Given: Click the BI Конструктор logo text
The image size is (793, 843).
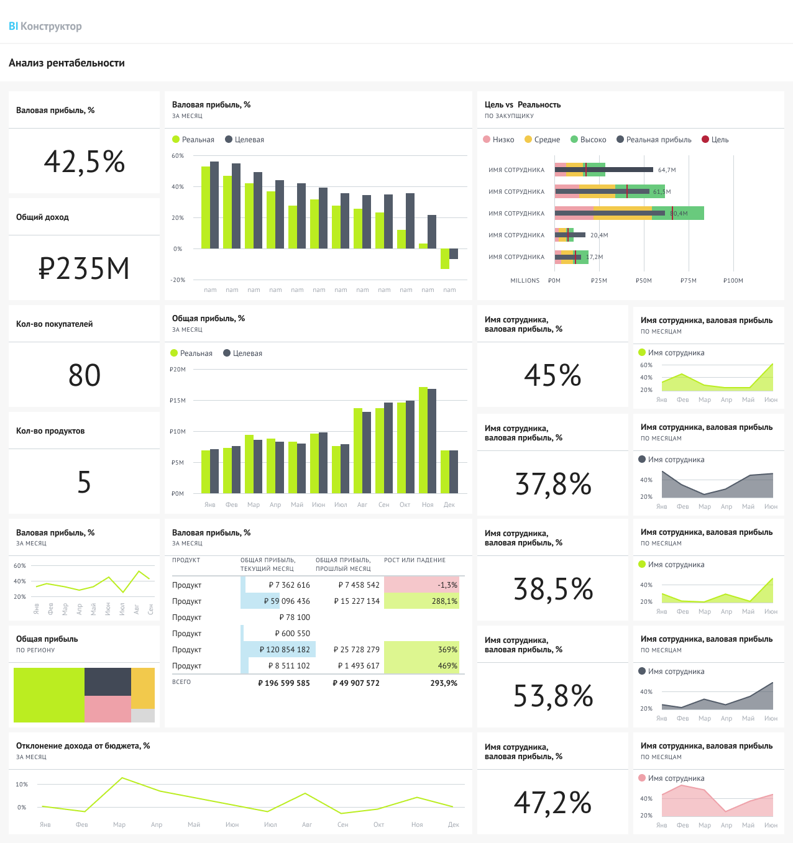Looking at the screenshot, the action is point(45,26).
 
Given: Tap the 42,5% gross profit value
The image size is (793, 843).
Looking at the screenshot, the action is point(84,162).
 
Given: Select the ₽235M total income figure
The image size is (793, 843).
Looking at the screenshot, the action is point(84,269).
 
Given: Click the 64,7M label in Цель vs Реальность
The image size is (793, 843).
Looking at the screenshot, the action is point(666,170).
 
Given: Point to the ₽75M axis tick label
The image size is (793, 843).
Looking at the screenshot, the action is point(688,281).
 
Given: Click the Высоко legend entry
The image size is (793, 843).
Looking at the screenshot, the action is point(589,140).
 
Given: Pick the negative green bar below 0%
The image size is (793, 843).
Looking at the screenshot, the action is point(445,258).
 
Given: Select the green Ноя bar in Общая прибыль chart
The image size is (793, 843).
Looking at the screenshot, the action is point(423,440).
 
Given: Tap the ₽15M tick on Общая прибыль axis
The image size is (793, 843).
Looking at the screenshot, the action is point(178,400).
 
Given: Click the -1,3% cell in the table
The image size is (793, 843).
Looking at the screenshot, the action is point(421,585).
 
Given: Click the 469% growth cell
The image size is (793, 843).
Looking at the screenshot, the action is point(421,665).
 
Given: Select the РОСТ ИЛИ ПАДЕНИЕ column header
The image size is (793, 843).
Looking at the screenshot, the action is point(415,560).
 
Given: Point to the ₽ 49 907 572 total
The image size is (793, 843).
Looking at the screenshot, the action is point(356,683).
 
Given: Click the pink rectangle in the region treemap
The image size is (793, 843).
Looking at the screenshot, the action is point(108,709).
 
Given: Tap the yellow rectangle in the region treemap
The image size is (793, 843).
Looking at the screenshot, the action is point(143,688).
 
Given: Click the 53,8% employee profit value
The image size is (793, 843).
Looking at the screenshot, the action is point(552,696).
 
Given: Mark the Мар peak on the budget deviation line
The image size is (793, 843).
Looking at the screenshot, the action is point(122,778).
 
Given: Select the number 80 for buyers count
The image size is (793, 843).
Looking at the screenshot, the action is point(84,375).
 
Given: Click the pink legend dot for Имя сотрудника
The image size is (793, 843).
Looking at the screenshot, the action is point(642,778).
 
